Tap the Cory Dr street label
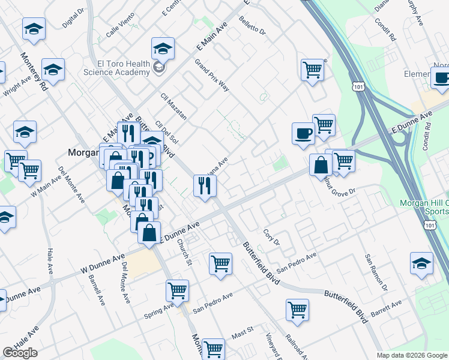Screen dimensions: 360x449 click(272, 237)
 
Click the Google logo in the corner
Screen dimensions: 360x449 click(20, 353)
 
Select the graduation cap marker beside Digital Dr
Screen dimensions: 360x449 click(34, 28)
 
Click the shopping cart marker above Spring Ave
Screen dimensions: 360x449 click(177, 290)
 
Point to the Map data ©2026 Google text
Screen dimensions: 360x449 click(412, 355)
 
